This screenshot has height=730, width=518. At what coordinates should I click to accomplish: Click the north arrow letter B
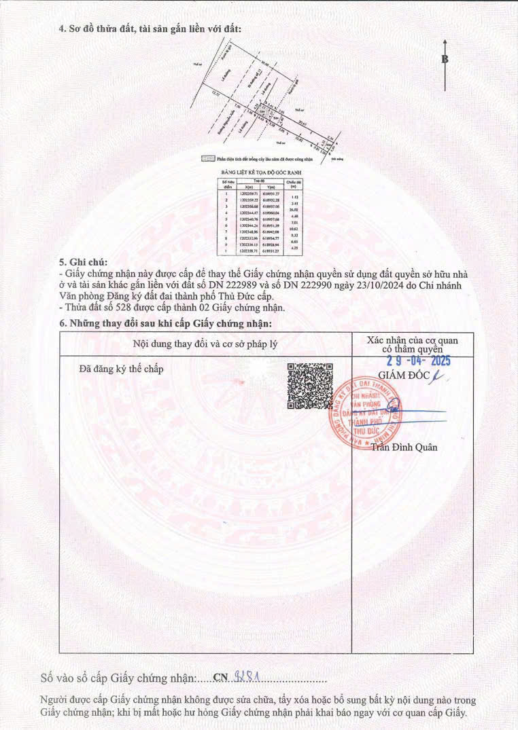coord(445,59)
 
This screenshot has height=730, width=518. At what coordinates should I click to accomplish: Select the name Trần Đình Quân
coord(385,447)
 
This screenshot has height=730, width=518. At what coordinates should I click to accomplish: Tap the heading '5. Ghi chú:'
coord(84,261)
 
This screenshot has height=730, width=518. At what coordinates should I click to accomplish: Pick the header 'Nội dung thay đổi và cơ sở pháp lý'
coord(205,344)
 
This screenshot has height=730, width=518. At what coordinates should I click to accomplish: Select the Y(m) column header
coord(271,187)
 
